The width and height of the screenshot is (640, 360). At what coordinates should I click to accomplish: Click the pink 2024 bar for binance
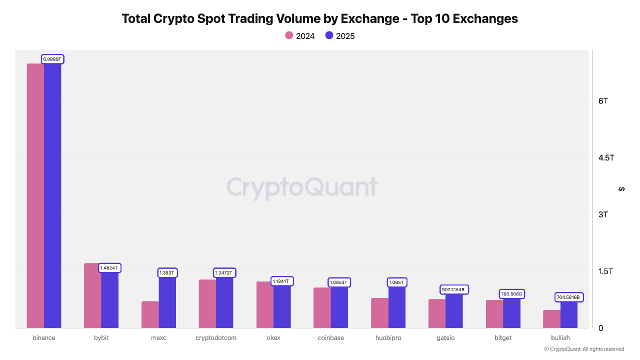tap(35, 195)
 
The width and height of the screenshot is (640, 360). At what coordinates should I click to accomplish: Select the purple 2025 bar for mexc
tap(167, 302)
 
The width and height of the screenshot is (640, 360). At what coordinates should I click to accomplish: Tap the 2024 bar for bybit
tap(92, 295)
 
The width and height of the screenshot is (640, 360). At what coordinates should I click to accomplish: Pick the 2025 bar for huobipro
tap(397, 307)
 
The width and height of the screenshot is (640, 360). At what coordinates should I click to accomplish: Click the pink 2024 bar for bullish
tap(552, 319)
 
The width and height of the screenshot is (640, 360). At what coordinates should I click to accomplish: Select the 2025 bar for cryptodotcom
tap(224, 302)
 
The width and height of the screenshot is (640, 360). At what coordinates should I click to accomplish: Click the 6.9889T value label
tap(52, 59)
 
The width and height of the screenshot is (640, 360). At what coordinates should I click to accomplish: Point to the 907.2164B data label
tap(453, 289)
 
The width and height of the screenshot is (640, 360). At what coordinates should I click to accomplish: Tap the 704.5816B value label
tap(568, 297)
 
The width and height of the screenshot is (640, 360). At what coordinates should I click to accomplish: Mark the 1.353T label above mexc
tap(167, 272)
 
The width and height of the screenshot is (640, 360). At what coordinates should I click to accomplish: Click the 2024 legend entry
tap(300, 35)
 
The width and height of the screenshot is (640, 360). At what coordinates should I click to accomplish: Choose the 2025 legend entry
tap(340, 35)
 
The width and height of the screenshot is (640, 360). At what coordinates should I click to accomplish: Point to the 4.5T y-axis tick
tap(606, 158)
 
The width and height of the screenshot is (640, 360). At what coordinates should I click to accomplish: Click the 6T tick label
tap(603, 101)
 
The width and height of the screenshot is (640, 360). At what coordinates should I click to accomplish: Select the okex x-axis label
tap(273, 338)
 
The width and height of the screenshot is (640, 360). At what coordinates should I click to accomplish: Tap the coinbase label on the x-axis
tap(331, 338)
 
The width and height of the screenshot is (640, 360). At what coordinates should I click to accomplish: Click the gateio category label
tap(445, 338)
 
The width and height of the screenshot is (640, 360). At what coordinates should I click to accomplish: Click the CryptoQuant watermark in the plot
tap(302, 187)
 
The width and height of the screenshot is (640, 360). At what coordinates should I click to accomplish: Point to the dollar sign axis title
tap(621, 189)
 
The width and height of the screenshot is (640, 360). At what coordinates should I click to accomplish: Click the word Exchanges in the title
tap(482, 19)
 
